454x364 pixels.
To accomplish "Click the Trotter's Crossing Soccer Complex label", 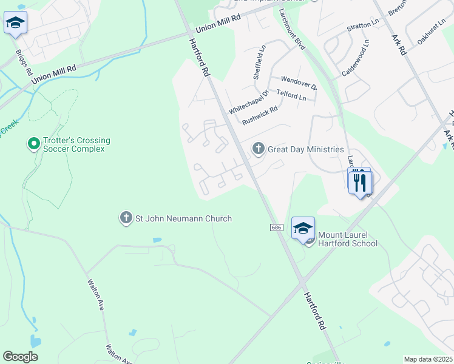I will coord(76,144).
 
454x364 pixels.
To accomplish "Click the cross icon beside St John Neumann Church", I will coord(126,218).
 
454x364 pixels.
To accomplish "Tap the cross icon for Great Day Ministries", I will coord(259,149).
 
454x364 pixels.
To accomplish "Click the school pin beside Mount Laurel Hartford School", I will coord(303,229).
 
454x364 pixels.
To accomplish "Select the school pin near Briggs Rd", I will coord(15,24).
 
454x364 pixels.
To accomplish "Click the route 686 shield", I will coord(276,227).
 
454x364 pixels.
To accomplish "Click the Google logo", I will coord(20,357).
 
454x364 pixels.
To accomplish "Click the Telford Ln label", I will coord(291,95).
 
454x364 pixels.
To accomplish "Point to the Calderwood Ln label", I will coord(355,59).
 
